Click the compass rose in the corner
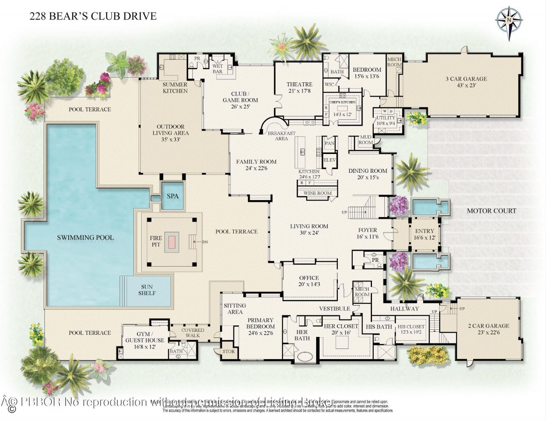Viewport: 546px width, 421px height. click(509, 20)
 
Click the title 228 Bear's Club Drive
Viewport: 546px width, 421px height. click(93, 16)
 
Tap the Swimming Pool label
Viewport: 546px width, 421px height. click(85, 237)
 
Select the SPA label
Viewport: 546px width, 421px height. click(172, 196)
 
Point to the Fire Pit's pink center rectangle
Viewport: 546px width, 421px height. click(172, 241)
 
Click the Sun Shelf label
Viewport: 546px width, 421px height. click(147, 290)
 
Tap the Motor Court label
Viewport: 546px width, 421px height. click(491, 211)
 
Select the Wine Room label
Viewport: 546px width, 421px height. click(317, 193)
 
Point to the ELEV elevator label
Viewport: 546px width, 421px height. click(329, 160)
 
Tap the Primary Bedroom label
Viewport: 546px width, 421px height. click(260, 326)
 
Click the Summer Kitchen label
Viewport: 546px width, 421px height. click(175, 88)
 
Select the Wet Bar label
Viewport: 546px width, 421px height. click(218, 69)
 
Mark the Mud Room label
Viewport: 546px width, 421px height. click(366, 140)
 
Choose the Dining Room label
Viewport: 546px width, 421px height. click(367, 174)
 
